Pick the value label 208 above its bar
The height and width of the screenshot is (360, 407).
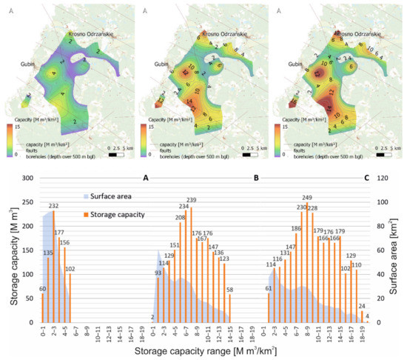pos(180,218)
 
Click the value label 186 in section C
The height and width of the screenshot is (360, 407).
pos(296,229)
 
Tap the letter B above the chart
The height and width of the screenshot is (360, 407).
pos(256,179)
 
